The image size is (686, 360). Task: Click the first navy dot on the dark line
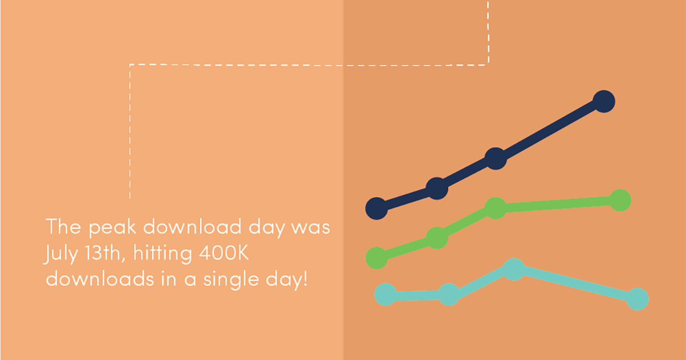377,209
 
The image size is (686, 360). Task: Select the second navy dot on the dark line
437,189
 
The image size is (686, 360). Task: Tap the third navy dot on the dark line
496,159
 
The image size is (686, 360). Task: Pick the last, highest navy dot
604,101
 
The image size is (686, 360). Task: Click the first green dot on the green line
377,258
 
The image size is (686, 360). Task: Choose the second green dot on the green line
437,238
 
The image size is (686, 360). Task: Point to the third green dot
496,208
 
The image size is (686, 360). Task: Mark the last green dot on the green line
620,201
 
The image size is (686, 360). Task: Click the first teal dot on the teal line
385,294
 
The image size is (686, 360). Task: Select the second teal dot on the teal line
449,294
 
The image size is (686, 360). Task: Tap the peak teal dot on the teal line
514,269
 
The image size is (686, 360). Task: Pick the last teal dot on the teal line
637,299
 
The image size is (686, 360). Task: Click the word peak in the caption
113,228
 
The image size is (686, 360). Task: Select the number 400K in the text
224,253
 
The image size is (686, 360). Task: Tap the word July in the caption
61,254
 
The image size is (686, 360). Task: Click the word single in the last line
231,280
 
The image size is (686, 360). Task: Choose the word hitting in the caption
163,254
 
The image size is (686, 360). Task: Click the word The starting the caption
63,226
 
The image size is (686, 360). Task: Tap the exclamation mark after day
305,279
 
